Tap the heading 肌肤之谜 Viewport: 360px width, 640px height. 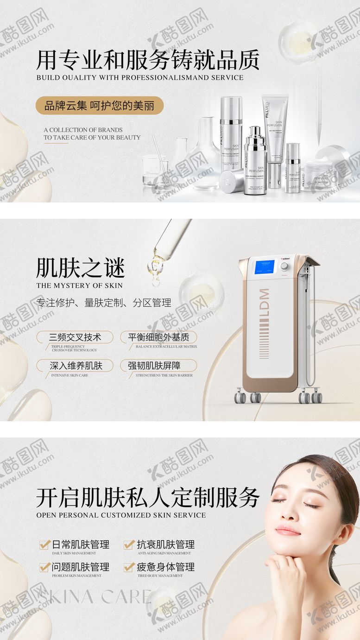[81, 268]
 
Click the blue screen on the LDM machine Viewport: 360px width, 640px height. [264, 267]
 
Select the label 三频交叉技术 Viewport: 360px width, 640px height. [75, 337]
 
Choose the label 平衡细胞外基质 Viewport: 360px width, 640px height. [159, 337]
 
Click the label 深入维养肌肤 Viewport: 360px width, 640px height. [76, 365]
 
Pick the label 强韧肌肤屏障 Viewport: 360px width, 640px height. [159, 365]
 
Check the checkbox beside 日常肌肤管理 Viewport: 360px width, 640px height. [44, 545]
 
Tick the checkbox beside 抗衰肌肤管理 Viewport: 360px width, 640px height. [129, 545]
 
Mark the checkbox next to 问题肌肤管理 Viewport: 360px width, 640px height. [44, 567]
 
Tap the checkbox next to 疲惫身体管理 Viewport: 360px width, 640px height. [129, 567]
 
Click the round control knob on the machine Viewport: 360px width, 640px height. [284, 266]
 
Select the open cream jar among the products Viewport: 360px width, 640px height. [320, 175]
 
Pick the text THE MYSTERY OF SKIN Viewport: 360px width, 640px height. [79, 285]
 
